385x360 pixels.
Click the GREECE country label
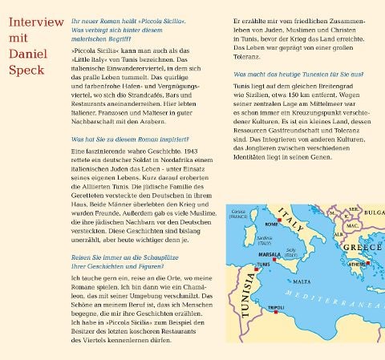(362, 248)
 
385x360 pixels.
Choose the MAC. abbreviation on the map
(351, 225)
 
